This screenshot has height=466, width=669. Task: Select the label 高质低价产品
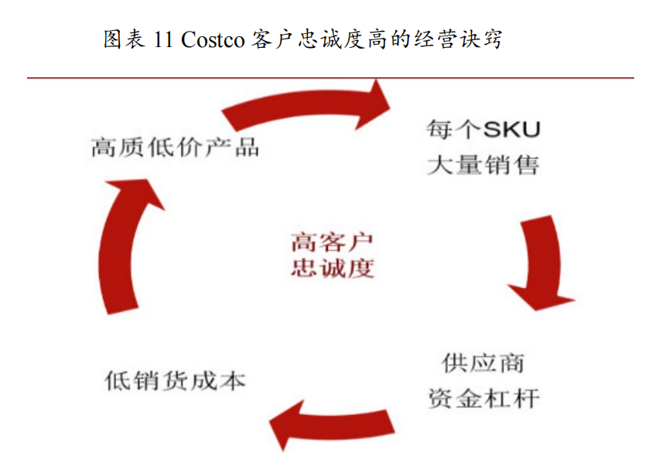coord(175,147)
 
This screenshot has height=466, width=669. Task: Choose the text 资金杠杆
coord(483,399)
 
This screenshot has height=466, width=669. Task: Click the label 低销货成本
coord(175,381)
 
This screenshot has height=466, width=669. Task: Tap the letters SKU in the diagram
coord(511,128)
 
